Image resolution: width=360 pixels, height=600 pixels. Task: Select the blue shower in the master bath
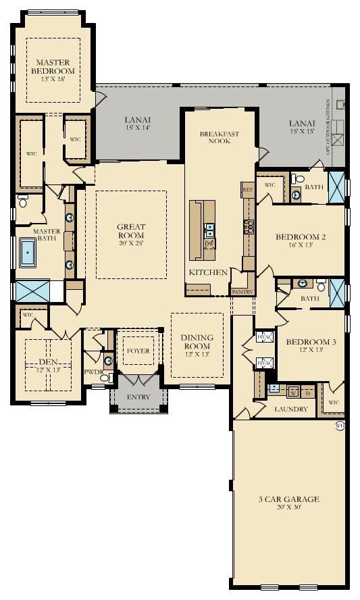click(x=30, y=291)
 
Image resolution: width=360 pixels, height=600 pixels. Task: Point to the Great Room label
click(x=131, y=231)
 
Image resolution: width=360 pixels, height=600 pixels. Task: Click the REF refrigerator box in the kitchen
click(x=247, y=191)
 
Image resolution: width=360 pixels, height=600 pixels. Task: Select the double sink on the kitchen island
click(x=209, y=228)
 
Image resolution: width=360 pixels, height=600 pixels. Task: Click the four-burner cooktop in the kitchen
click(x=248, y=224)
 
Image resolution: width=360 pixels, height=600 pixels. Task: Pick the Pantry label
click(x=241, y=292)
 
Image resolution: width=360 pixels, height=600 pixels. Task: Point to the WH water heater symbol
click(x=340, y=426)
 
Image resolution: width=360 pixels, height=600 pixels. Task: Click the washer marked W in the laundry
click(x=293, y=391)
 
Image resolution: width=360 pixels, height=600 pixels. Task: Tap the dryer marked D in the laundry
click(x=309, y=391)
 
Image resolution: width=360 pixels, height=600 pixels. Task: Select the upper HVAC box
click(x=263, y=338)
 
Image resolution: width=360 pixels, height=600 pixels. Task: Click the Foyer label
click(x=138, y=351)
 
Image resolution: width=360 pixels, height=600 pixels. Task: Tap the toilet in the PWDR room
click(x=108, y=360)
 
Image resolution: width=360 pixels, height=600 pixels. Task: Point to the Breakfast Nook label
click(x=219, y=138)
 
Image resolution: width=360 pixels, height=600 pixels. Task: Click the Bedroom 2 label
click(x=301, y=237)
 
